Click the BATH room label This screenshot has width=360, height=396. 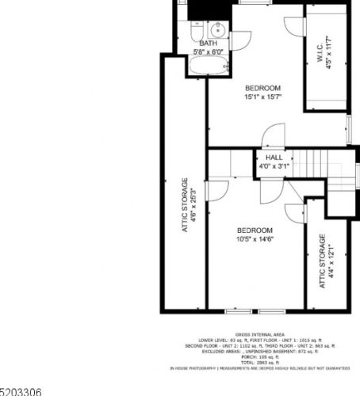(x=209, y=44)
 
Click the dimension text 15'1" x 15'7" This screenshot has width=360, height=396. (x=263, y=97)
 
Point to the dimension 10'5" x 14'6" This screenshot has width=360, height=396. (x=255, y=240)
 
